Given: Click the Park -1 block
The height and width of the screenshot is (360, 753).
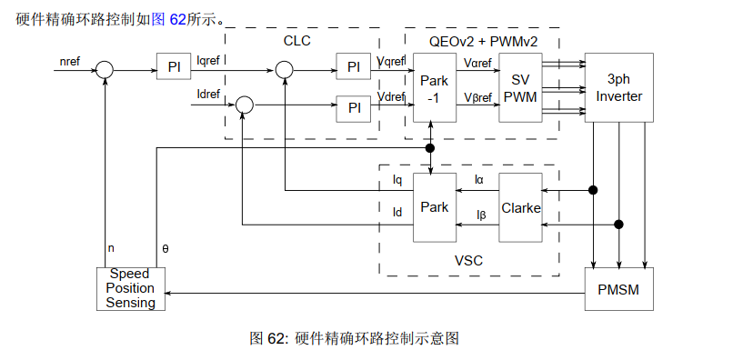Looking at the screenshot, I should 434,88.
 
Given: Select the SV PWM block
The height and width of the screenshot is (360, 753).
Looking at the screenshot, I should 520,88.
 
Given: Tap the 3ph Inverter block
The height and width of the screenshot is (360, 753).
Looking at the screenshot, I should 619,88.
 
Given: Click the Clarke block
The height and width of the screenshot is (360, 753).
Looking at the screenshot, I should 520,207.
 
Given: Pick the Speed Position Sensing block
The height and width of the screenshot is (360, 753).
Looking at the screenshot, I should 131,288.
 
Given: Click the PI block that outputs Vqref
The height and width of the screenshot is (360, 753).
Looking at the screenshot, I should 354,68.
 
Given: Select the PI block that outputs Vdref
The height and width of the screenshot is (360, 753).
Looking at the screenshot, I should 354,106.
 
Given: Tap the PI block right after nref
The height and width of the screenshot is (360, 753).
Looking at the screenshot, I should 175,68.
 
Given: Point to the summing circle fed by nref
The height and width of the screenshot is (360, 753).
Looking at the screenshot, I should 105,68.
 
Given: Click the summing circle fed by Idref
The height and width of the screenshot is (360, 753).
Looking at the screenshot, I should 244,106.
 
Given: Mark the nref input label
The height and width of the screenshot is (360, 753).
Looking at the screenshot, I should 68,61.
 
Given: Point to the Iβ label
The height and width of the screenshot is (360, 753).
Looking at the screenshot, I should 482,215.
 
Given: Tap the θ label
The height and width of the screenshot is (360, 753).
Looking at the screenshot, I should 165,247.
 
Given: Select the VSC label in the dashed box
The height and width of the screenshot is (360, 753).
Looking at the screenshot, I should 468,261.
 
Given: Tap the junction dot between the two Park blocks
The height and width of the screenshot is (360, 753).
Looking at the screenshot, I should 430,147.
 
